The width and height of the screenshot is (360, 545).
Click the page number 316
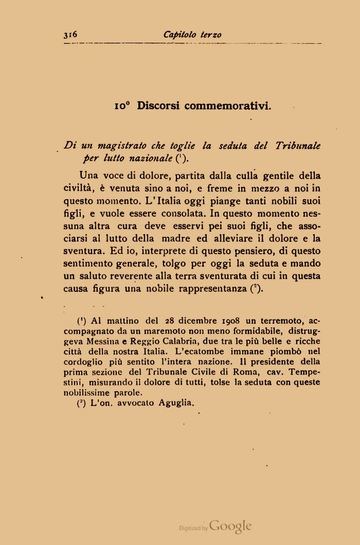click(70, 34)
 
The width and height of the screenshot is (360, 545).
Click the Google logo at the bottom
click(230, 526)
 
